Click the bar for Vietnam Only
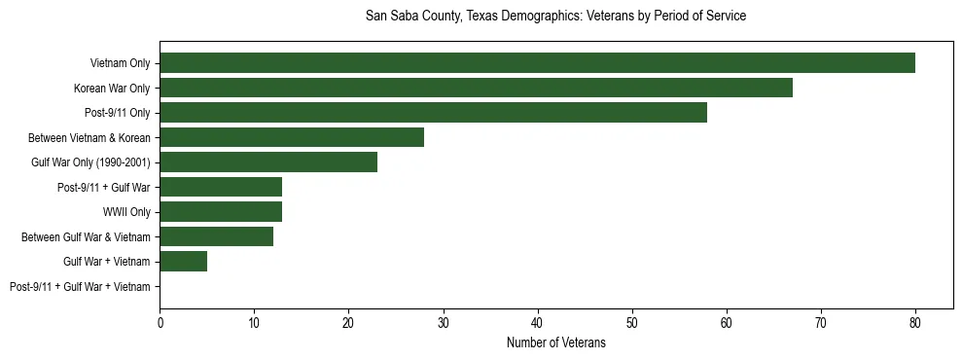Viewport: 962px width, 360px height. pyautogui.click(x=537, y=63)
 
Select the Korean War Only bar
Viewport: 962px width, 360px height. pyautogui.click(x=476, y=89)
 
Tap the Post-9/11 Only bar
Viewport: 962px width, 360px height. pyautogui.click(x=433, y=113)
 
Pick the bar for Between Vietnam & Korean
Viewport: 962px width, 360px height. pyautogui.click(x=292, y=137)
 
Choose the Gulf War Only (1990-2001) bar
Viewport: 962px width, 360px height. pyautogui.click(x=267, y=162)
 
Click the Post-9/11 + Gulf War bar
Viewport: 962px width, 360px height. pyautogui.click(x=221, y=187)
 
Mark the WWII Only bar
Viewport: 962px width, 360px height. pyautogui.click(x=221, y=212)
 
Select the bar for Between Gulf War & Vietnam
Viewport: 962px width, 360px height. pyautogui.click(x=216, y=236)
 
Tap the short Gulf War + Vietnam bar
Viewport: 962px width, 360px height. pyautogui.click(x=183, y=261)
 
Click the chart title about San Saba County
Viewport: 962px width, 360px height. pyautogui.click(x=555, y=17)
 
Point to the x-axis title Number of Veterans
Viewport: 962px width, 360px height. pyautogui.click(x=555, y=342)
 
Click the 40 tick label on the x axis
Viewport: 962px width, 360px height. pyautogui.click(x=538, y=322)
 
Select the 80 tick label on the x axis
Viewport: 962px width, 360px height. pyautogui.click(x=915, y=322)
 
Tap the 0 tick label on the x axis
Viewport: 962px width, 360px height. pyautogui.click(x=160, y=322)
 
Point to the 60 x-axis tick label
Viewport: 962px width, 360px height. pyautogui.click(x=727, y=322)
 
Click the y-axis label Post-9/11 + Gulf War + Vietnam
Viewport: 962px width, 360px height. pyautogui.click(x=80, y=286)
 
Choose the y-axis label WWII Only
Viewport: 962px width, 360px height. pyautogui.click(x=126, y=212)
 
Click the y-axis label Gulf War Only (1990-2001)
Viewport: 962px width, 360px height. pyautogui.click(x=90, y=162)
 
